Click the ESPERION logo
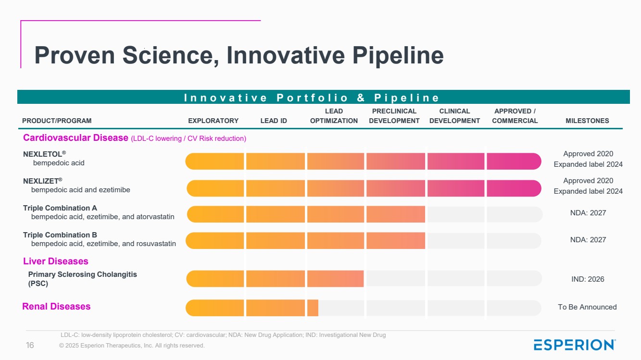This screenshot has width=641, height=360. click(x=575, y=345)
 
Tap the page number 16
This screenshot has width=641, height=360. click(x=30, y=346)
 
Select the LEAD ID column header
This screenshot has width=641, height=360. click(x=274, y=121)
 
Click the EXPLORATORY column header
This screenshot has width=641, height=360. click(x=213, y=121)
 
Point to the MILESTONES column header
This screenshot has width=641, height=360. click(x=587, y=121)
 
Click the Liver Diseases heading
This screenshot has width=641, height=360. click(x=55, y=261)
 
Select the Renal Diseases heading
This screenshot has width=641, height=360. click(x=56, y=306)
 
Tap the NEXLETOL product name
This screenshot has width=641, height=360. click(x=44, y=154)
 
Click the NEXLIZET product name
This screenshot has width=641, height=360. click(x=43, y=181)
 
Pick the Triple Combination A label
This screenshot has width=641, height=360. click(x=60, y=208)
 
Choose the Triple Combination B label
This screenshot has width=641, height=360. click(x=60, y=235)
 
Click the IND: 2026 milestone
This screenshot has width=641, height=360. click(x=588, y=279)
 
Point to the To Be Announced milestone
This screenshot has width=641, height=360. click(x=587, y=307)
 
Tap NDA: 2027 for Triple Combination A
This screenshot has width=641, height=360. click(x=588, y=213)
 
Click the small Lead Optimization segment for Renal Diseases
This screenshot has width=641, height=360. click(x=313, y=308)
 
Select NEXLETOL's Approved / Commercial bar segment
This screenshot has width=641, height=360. click(x=514, y=161)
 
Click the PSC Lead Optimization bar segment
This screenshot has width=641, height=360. click(x=335, y=278)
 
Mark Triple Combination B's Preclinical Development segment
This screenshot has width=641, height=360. click(x=396, y=240)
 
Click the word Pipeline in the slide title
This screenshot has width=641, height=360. click(x=398, y=55)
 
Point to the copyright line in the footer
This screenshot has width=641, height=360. click(x=132, y=346)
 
